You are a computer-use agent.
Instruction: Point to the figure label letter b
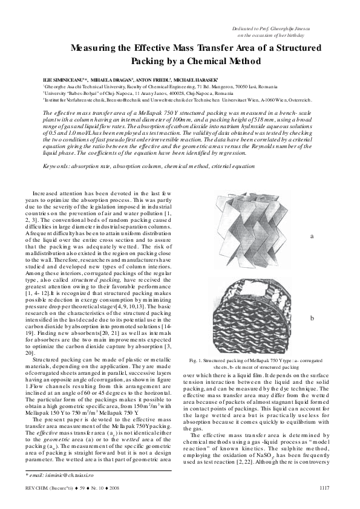(x=312, y=317)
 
